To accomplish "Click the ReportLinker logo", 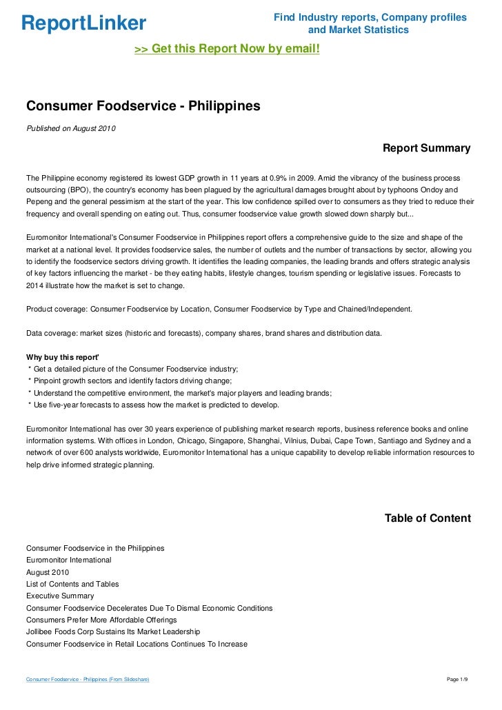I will [83, 23].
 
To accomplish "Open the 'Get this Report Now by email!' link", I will [227, 49].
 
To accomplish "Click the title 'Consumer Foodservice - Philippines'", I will [143, 106].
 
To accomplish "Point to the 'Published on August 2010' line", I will [71, 129].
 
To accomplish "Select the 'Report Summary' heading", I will [426, 148].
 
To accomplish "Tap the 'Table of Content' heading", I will [428, 518].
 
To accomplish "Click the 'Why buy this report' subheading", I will [63, 357].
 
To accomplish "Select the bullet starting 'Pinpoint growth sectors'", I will [131, 381].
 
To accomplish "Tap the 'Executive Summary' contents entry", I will [60, 596].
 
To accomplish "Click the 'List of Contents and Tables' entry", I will [72, 584].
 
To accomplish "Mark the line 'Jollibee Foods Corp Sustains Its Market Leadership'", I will [113, 631].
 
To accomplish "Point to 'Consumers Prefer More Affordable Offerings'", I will [101, 620].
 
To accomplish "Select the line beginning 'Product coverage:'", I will [219, 309].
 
